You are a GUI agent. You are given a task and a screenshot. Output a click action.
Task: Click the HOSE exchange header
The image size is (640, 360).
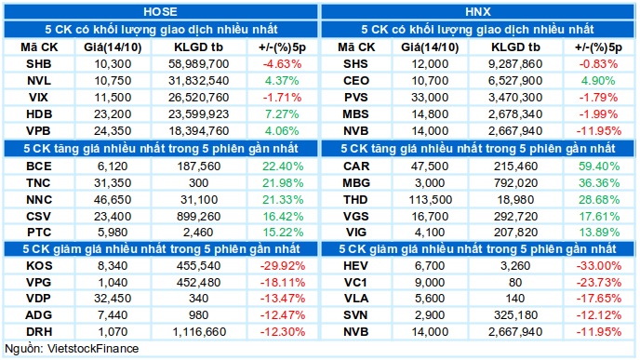tap(160, 11)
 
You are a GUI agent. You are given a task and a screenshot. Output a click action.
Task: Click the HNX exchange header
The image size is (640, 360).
tap(477, 11)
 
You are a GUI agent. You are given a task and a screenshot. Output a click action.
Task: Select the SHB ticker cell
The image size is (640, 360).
tap(39, 64)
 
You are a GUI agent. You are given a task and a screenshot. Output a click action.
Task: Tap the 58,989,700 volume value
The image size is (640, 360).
tap(199, 64)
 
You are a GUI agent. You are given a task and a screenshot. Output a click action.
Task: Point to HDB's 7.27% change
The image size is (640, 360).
tap(282, 114)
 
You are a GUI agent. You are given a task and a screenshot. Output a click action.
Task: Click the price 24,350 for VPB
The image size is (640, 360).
tap(113, 131)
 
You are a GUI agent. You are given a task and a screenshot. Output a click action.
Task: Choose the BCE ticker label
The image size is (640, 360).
tap(39, 167)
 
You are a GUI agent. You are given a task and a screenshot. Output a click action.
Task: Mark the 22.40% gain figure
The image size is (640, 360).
tap(283, 167)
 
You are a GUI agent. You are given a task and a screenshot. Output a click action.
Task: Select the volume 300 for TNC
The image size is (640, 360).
tap(199, 183)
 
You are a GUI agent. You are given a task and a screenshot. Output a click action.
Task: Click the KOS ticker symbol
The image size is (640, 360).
tap(39, 266)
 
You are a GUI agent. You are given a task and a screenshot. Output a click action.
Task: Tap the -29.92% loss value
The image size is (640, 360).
tap(283, 266)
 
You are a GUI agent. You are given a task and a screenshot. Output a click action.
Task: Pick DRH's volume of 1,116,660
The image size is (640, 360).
tap(199, 332)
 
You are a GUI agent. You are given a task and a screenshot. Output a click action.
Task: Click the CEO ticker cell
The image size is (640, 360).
tap(356, 81)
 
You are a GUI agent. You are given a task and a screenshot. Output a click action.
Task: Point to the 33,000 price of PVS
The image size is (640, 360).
tap(430, 98)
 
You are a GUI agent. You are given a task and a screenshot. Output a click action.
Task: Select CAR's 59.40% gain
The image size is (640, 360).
tap(599, 167)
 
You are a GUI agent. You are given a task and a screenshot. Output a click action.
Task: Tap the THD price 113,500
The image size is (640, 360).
tap(431, 200)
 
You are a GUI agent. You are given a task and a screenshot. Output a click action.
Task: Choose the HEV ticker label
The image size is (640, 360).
tap(355, 266)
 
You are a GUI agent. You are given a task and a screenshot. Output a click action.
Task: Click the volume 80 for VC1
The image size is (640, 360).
tap(515, 283)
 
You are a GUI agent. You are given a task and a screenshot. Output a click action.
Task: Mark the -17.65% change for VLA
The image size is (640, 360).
tap(599, 299)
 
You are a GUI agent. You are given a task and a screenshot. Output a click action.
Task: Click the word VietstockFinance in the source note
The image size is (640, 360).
tap(93, 349)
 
